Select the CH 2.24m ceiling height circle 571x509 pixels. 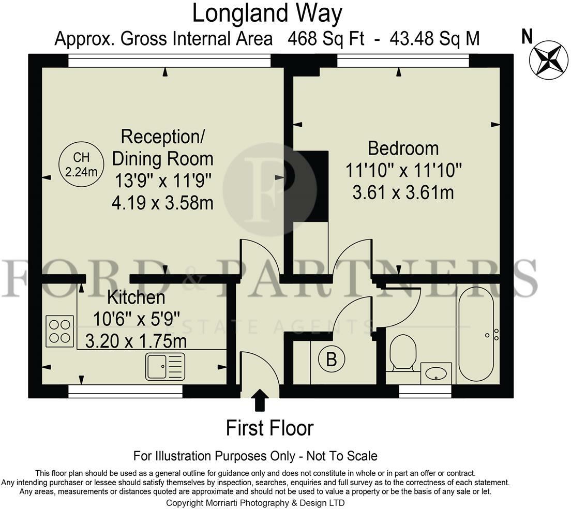pos(82,164)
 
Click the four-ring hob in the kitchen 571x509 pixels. pos(59,331)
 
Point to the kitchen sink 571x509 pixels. pos(165,367)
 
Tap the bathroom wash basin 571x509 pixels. pos(436,373)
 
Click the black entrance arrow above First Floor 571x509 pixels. pos(260,400)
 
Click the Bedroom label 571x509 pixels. pos(403,148)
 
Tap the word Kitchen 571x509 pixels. pos(136,297)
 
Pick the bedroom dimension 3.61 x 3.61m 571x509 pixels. pos(403,192)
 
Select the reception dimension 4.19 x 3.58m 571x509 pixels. pos(162,203)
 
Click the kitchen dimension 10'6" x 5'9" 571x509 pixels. pos(137,319)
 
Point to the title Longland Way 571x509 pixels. pos(267,14)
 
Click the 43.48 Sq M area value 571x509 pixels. pos(434,39)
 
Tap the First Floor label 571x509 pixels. pos(269,428)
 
